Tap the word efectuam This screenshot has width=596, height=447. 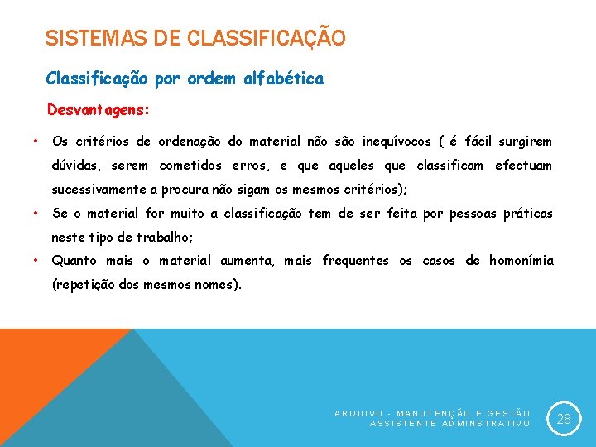click(x=523, y=165)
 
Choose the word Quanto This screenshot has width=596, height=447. click(x=74, y=261)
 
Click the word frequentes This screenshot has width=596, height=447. click(x=355, y=261)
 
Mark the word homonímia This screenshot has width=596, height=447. click(x=521, y=261)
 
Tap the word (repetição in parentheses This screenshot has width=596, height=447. click(x=83, y=285)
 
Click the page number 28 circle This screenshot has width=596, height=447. click(x=564, y=419)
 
